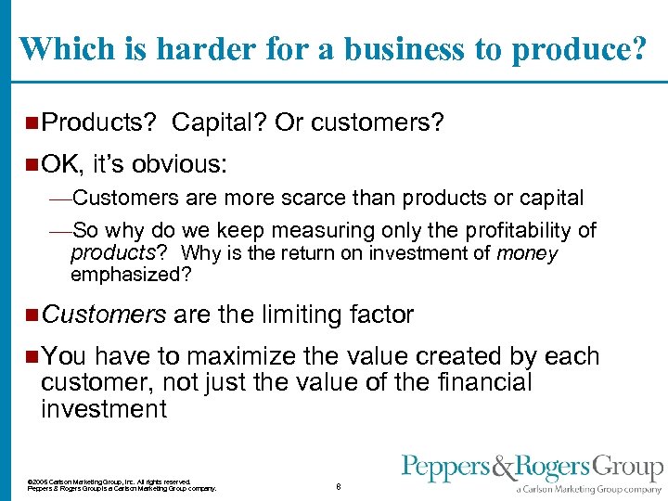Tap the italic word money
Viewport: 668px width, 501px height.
528,253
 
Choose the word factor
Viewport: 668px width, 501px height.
380,315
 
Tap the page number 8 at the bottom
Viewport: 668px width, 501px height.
339,486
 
